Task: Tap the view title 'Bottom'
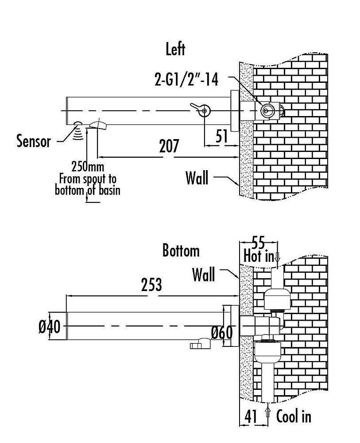[181, 251]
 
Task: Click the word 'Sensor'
[34, 141]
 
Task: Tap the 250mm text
[87, 167]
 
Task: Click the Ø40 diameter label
[49, 327]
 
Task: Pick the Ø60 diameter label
[221, 332]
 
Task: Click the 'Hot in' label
[259, 256]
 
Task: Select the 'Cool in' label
[294, 416]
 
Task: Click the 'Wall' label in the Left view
[197, 178]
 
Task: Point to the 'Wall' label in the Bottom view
[203, 275]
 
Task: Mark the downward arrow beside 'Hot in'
[277, 257]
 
